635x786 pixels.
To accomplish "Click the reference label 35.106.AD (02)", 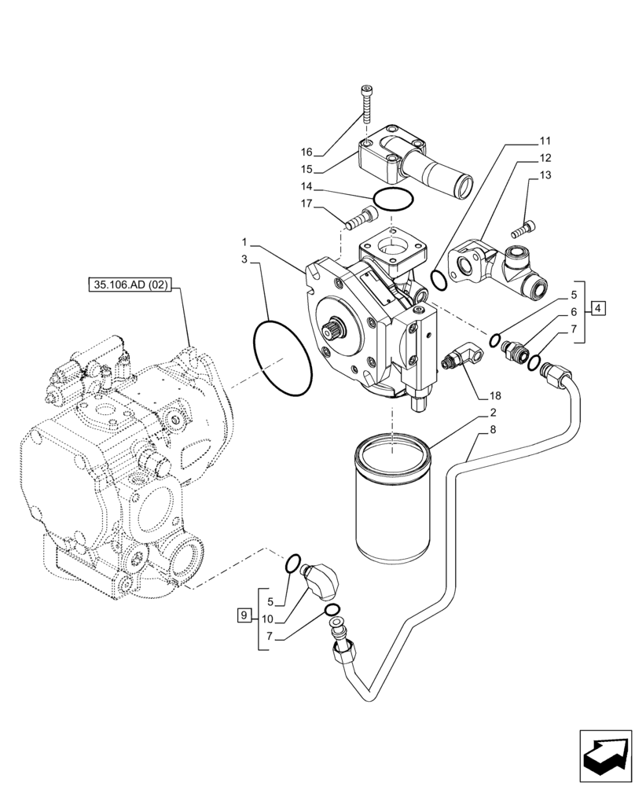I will (x=130, y=287).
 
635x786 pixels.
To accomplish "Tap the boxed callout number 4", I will (x=599, y=308).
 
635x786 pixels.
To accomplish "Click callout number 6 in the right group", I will (x=574, y=312).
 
